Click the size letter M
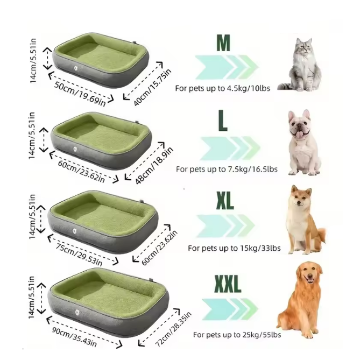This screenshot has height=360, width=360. coord(223,43)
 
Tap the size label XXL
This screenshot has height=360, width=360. coord(228,284)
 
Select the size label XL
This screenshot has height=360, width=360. coord(225,201)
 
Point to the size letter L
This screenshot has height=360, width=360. coord(223,121)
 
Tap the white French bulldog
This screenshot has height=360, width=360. coord(302,143)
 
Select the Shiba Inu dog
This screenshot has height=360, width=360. coord(304,221)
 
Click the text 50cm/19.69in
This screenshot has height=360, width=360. coord(80,94)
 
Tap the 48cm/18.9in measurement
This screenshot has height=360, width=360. coord(154,166)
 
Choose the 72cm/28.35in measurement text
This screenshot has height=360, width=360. coord(173,329)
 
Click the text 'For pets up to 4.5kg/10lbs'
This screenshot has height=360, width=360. coord(222,88)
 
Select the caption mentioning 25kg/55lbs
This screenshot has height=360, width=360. coord(237,335)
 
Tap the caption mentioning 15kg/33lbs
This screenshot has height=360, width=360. coord(234,248)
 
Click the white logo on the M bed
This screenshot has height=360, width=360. coord(75,68)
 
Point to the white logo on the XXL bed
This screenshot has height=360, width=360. coord(77,312)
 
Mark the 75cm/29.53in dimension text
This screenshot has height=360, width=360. coord(79,255)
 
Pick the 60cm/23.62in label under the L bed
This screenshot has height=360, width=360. coord(81,172)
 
